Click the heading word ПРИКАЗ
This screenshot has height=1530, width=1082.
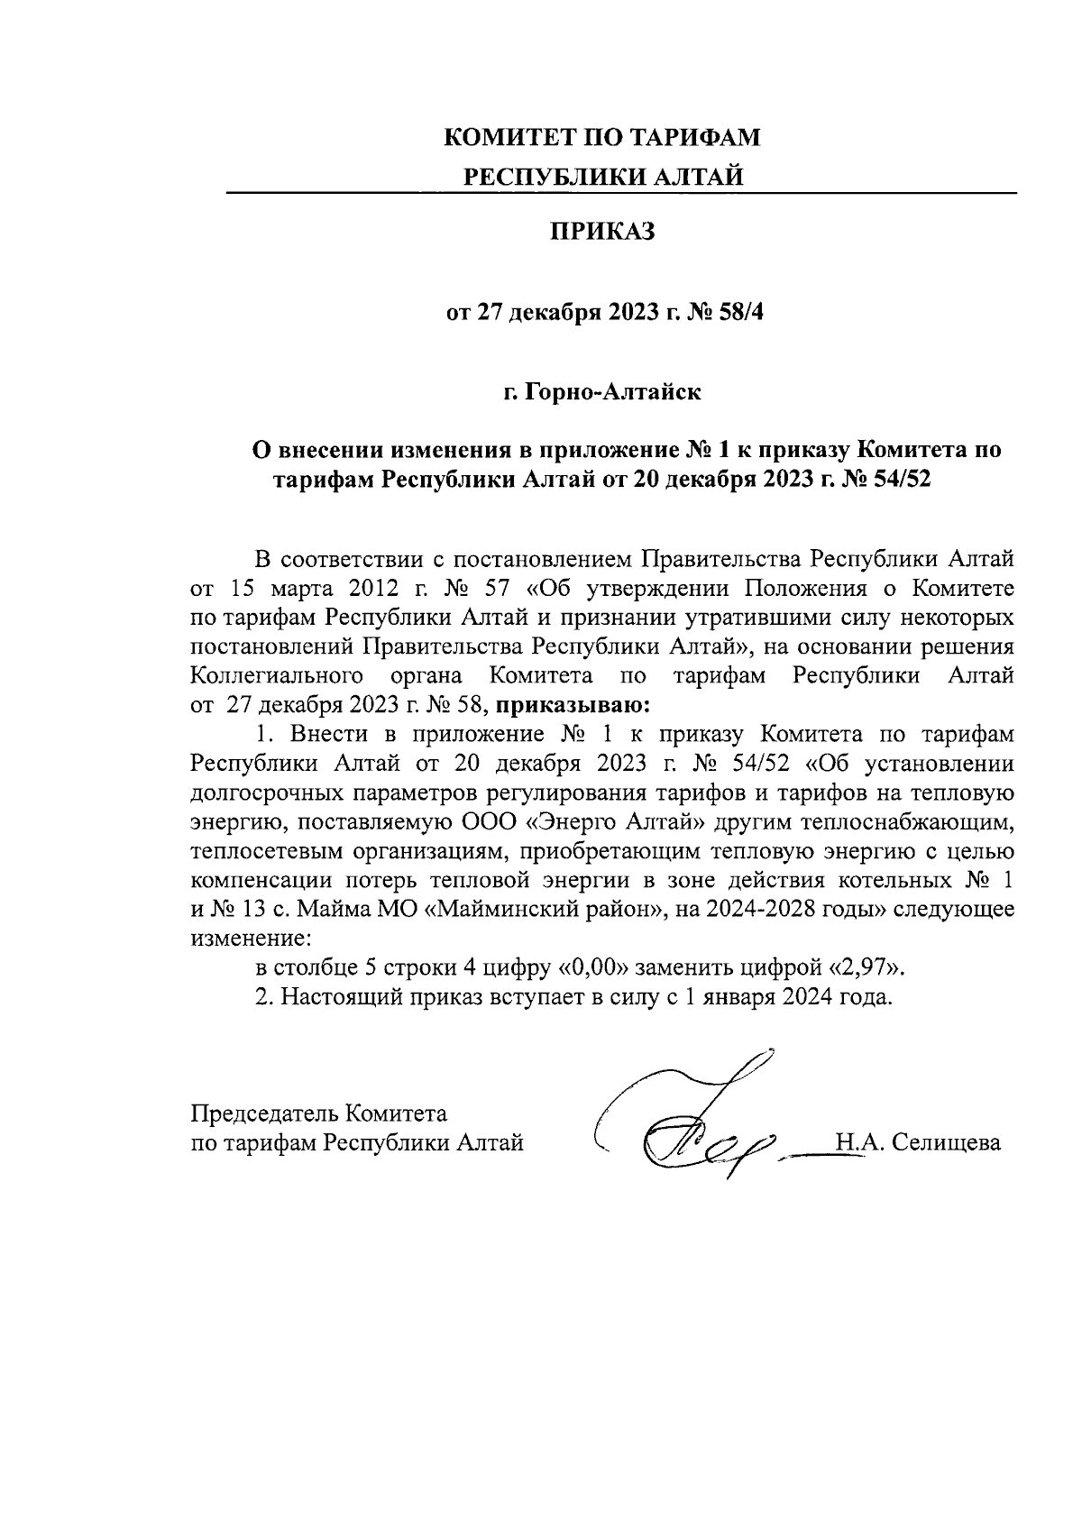(602, 234)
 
